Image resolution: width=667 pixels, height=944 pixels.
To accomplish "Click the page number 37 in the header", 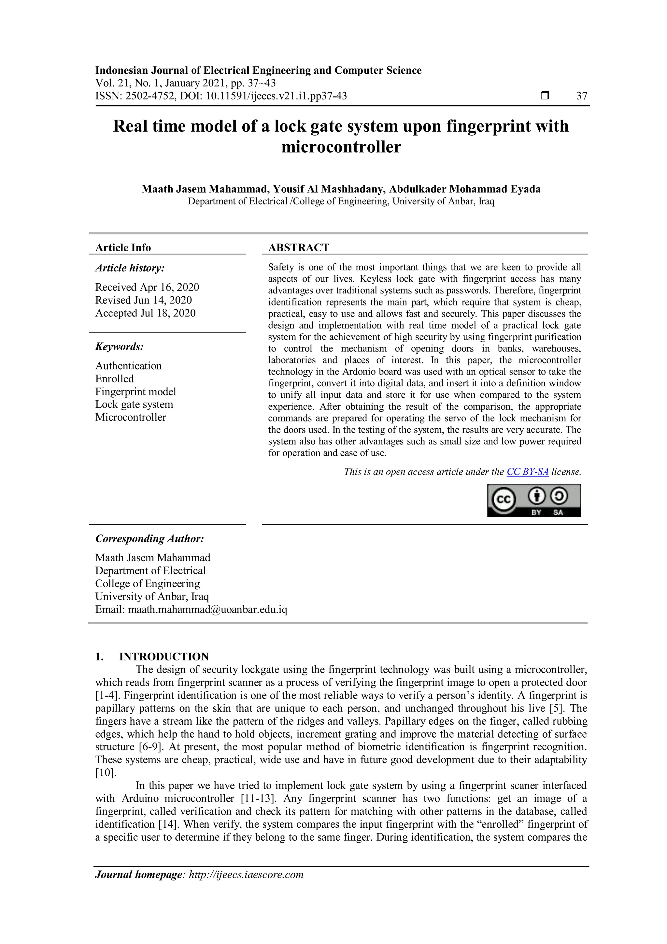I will pyautogui.click(x=582, y=96).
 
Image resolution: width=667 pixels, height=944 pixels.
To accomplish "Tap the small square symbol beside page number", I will pyautogui.click(x=545, y=96).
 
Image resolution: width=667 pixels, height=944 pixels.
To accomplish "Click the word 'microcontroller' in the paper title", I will pyautogui.click(x=341, y=147).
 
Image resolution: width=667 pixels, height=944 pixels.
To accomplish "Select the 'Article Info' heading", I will pyautogui.click(x=123, y=247).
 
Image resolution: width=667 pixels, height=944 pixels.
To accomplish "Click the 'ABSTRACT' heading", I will pyautogui.click(x=299, y=247).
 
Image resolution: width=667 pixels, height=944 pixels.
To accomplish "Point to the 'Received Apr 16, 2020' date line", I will pyautogui.click(x=147, y=287).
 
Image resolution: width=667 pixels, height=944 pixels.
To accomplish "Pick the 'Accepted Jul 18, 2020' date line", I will pyautogui.click(x=145, y=313).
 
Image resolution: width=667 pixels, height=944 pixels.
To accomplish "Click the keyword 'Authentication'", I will pyautogui.click(x=129, y=366).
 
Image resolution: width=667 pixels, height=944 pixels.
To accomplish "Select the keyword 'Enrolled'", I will pyautogui.click(x=115, y=379).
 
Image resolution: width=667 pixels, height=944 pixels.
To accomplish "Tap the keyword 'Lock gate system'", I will pyautogui.click(x=134, y=405).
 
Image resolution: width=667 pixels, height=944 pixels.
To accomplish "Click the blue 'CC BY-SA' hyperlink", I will pyautogui.click(x=527, y=472).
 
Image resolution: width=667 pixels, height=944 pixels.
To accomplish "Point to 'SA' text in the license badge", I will pyautogui.click(x=558, y=513).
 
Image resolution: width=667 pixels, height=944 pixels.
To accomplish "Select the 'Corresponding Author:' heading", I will pyautogui.click(x=149, y=538).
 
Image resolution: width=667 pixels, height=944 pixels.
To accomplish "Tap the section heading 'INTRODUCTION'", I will pyautogui.click(x=164, y=656).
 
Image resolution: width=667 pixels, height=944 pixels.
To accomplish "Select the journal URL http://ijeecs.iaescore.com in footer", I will pyautogui.click(x=246, y=875).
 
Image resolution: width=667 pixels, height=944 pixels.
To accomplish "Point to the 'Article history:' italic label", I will pyautogui.click(x=130, y=268).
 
